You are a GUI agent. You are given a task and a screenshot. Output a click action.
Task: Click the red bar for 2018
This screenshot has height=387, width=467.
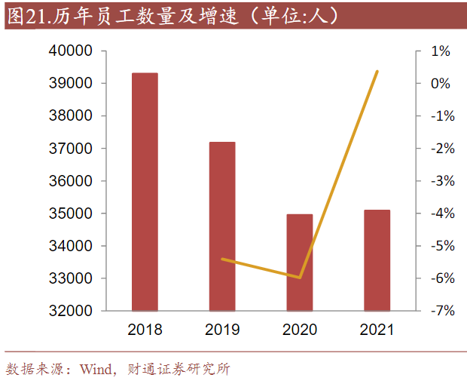[145, 192]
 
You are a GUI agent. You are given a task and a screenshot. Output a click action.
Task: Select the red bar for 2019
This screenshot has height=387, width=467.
[222, 226]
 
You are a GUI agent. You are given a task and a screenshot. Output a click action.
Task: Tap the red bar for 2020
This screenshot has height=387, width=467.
[300, 263]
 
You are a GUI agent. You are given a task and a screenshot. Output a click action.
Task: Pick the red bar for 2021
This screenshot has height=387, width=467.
[377, 260]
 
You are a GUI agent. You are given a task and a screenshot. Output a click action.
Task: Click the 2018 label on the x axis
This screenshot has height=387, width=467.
[145, 330]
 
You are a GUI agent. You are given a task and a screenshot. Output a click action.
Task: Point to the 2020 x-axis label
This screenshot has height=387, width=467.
[300, 330]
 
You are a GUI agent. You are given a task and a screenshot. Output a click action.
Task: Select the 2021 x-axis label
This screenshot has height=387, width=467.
[377, 330]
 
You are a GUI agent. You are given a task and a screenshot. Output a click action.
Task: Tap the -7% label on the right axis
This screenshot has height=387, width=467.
[439, 311]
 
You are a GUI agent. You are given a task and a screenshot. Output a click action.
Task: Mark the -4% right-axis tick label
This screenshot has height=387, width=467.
[439, 213]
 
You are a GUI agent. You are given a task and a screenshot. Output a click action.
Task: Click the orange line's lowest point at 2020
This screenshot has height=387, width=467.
[300, 278]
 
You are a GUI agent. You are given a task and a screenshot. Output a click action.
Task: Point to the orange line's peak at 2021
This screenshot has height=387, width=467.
[377, 71]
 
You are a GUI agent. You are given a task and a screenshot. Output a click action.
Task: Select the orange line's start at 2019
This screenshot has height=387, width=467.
[222, 259]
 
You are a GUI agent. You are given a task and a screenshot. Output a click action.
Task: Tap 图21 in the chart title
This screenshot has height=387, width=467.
[29, 15]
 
